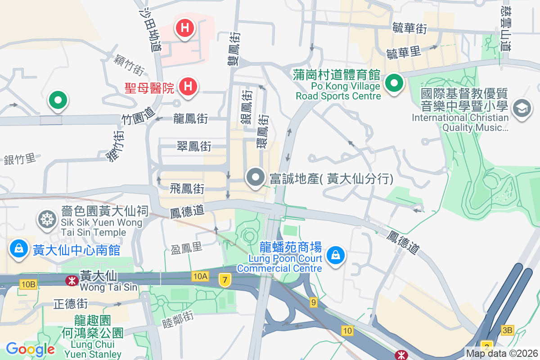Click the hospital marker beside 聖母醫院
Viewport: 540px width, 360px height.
tap(188, 85)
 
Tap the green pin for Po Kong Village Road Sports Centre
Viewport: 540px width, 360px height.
tap(394, 83)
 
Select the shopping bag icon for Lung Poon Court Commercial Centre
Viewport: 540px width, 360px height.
tap(336, 255)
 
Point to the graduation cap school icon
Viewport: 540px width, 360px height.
tap(522, 108)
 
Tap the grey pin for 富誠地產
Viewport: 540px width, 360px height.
tap(256, 177)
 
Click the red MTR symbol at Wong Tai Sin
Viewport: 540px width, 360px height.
tap(71, 281)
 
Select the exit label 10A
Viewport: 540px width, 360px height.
tap(200, 276)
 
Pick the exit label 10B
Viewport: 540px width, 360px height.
tap(28, 284)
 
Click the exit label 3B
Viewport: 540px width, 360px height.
tap(507, 330)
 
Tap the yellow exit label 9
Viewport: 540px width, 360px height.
tap(313, 302)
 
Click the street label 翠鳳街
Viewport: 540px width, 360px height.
tap(194, 146)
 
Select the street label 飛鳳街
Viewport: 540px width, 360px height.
tap(188, 189)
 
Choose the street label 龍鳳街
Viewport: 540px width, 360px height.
tap(191, 119)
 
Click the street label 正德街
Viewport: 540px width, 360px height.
tap(71, 304)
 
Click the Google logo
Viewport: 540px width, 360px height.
tap(30, 349)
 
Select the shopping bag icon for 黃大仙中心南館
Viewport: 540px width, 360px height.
tap(19, 249)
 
